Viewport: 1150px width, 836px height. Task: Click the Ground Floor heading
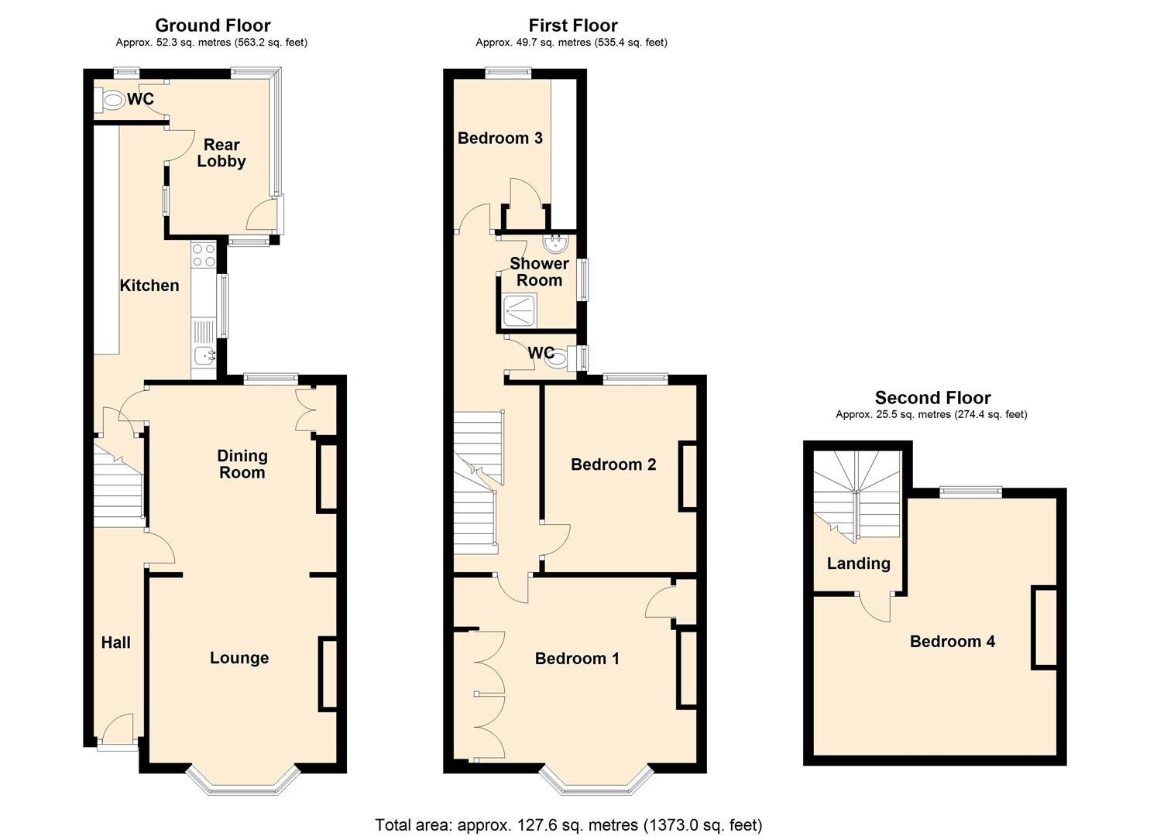[213, 26]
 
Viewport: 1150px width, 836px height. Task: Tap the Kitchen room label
[149, 286]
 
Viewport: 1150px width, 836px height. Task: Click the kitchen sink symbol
[204, 356]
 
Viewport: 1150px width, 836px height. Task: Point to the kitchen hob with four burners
[204, 255]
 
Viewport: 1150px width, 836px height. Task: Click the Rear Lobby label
[221, 153]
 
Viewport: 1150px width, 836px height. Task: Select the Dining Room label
[242, 464]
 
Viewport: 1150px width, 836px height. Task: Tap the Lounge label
[239, 658]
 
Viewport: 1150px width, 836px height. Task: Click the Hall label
[116, 642]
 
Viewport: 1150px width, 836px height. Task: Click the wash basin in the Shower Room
[555, 245]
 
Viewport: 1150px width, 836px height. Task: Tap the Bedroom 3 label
[499, 139]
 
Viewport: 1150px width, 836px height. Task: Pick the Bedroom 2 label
[613, 464]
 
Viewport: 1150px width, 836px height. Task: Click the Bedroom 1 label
[577, 659]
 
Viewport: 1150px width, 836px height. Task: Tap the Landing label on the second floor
[858, 564]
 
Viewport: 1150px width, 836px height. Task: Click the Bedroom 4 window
[970, 491]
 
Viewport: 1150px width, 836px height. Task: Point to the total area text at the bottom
[568, 824]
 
